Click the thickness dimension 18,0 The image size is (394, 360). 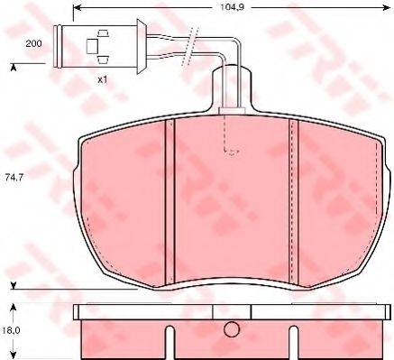pos(12,332)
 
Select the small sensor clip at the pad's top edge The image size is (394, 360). pos(229,113)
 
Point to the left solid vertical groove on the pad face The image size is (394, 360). pos(169,198)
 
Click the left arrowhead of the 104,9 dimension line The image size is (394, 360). pos(77,6)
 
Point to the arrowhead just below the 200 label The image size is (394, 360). pos(14,65)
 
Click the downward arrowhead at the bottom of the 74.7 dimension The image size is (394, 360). pos(14,285)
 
